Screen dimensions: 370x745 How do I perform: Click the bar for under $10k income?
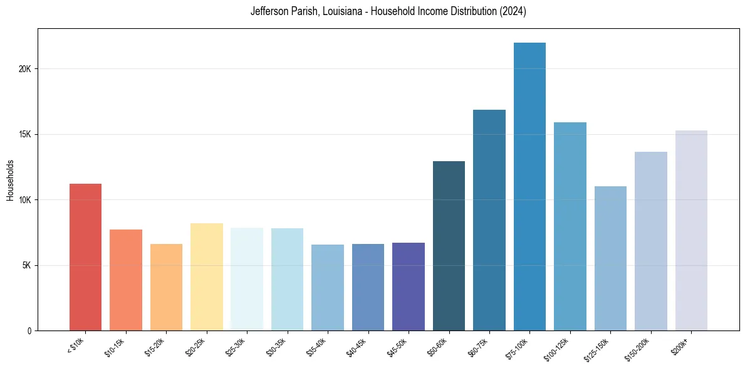(x=85, y=257)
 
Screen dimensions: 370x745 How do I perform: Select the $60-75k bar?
(x=489, y=220)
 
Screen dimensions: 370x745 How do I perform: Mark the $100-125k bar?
(x=570, y=226)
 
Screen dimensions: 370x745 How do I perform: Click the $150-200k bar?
(x=651, y=241)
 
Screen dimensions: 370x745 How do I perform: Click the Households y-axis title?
(x=10, y=180)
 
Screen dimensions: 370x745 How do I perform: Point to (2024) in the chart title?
(x=513, y=12)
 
